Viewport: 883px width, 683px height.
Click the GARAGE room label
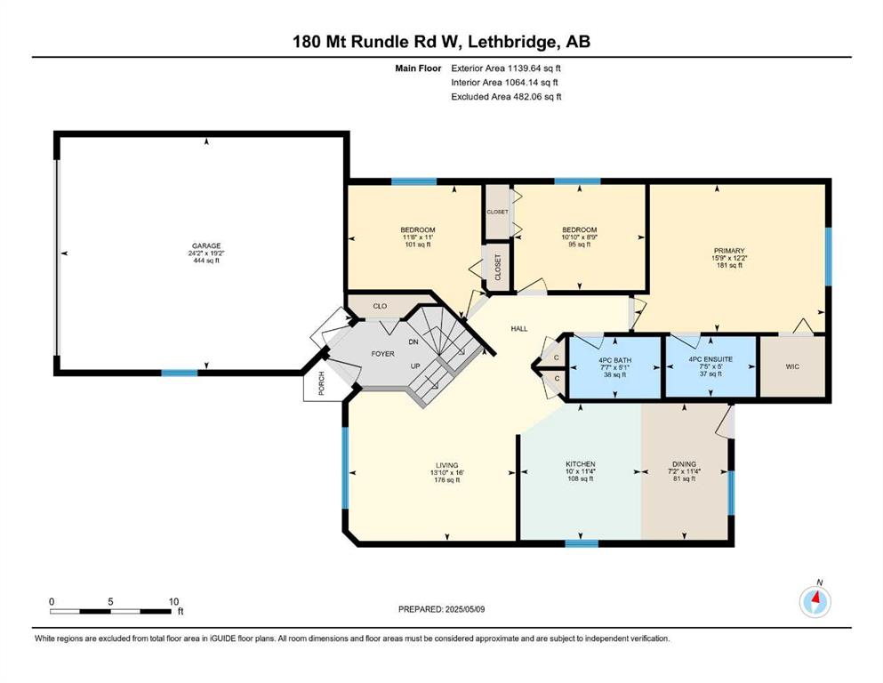click(206, 246)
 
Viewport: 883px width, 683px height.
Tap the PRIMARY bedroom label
click(729, 251)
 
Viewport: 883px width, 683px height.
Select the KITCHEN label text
click(581, 464)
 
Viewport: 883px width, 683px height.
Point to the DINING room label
click(684, 464)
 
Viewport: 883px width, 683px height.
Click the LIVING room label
click(446, 466)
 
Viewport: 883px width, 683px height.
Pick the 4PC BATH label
click(615, 360)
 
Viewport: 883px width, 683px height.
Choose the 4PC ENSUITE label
click(710, 359)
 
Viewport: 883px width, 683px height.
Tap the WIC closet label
click(792, 366)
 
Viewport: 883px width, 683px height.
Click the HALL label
click(519, 329)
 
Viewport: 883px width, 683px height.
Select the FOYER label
click(383, 354)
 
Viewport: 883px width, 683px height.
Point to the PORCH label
click(322, 383)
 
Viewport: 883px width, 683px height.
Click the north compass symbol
click(815, 602)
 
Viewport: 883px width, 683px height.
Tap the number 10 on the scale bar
click(173, 602)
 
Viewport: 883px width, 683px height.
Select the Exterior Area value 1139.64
click(526, 68)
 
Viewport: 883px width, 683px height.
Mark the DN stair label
click(413, 342)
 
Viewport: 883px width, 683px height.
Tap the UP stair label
click(415, 366)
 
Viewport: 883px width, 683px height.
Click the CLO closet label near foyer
click(380, 306)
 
